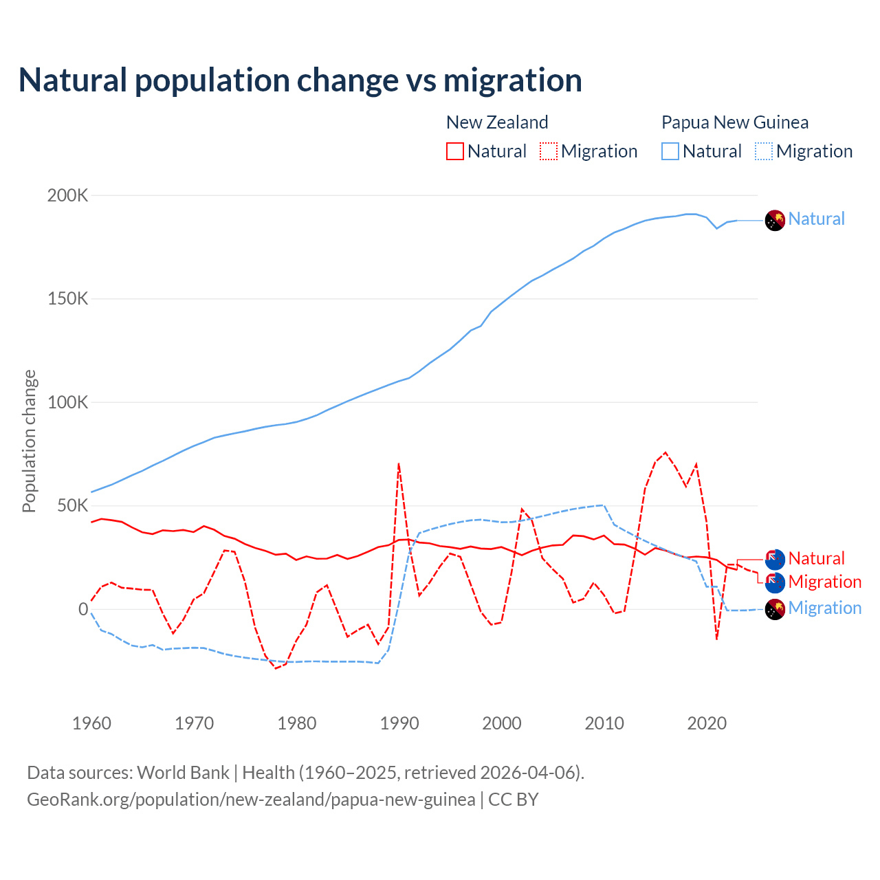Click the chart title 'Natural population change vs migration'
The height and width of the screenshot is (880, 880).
[300, 80]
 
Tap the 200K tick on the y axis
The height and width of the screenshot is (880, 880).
[67, 196]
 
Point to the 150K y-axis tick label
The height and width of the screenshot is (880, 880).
[67, 299]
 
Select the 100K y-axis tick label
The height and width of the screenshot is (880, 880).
[67, 402]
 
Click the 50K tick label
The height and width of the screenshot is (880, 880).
[72, 506]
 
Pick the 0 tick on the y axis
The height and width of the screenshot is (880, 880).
[83, 609]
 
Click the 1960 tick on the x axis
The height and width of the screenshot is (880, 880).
[91, 723]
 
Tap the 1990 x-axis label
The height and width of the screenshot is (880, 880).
[399, 723]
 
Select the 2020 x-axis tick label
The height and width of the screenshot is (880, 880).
[707, 723]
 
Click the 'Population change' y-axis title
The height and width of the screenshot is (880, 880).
[29, 441]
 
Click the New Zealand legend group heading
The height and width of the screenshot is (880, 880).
[497, 122]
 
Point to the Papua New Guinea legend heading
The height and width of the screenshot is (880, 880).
[734, 122]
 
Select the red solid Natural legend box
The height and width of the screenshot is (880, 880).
[455, 151]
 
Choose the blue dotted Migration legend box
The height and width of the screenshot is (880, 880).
[764, 151]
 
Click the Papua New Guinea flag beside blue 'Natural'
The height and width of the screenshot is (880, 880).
[775, 220]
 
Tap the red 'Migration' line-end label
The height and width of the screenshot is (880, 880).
[824, 582]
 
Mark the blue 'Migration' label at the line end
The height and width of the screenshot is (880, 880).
[824, 608]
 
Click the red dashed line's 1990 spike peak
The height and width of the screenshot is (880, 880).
[399, 464]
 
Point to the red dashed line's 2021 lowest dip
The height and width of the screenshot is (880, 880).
[716, 639]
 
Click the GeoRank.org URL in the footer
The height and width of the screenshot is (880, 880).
[251, 800]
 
